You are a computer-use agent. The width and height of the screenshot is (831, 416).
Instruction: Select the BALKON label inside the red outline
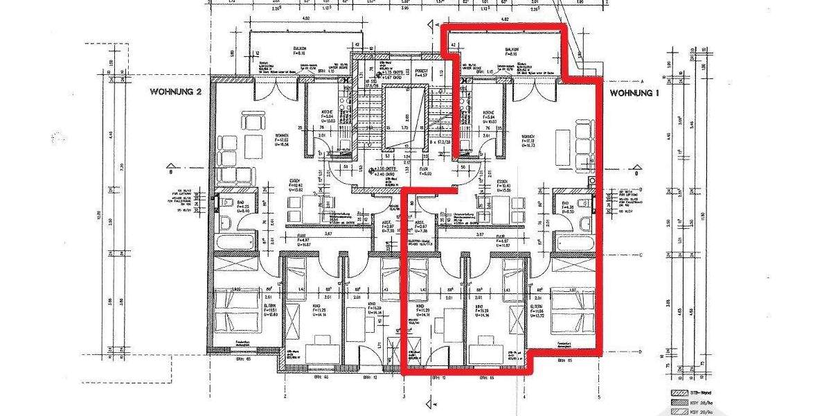(512, 50)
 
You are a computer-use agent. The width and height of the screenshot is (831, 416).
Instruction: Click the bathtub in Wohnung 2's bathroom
(233, 242)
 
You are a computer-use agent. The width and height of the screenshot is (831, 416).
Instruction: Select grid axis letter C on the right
(642, 255)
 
